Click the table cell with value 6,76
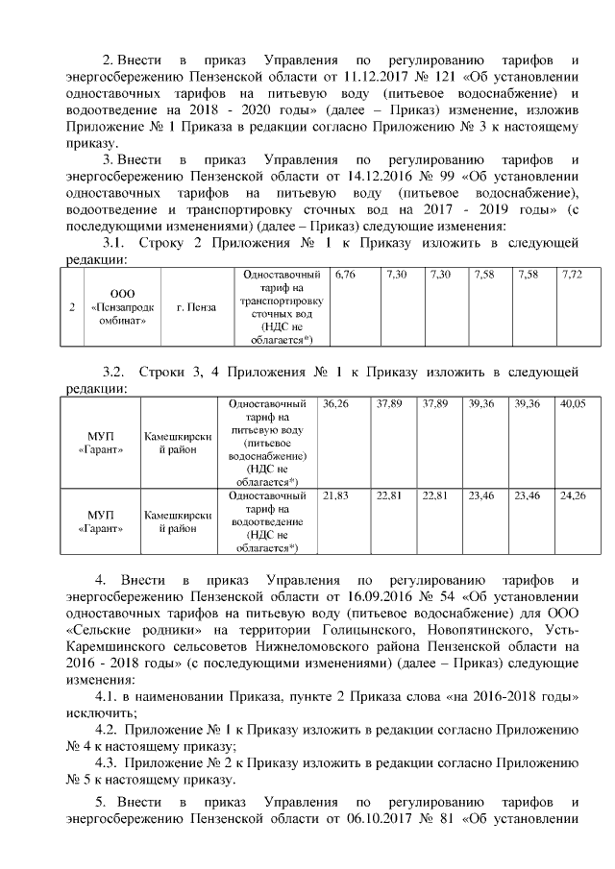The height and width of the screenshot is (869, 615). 345,276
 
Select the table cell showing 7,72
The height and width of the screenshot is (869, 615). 573,276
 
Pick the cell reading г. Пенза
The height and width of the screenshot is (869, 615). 196,308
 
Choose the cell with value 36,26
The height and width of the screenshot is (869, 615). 336,404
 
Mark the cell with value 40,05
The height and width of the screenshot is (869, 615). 573,404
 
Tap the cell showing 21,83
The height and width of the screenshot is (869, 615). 335,495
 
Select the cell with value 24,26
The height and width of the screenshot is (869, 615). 573,495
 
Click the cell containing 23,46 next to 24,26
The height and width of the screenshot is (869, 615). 528,495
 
